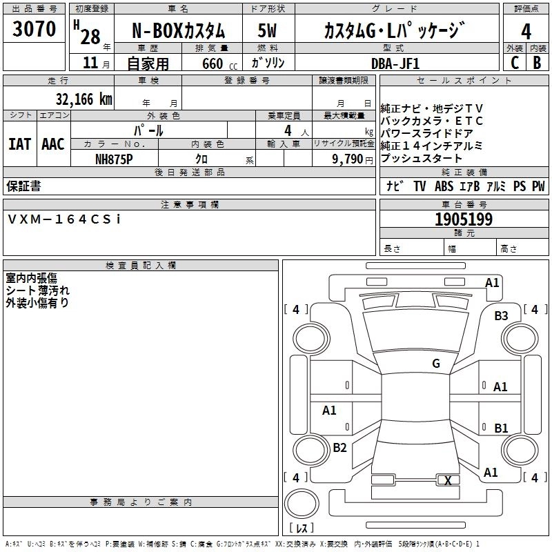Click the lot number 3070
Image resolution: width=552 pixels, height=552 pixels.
(x=34, y=29)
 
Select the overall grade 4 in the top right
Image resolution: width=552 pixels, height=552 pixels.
(x=526, y=32)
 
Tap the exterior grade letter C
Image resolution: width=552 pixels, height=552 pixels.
(x=515, y=63)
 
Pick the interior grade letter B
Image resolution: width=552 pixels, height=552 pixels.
(x=537, y=63)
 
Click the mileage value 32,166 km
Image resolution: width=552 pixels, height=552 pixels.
(x=83, y=99)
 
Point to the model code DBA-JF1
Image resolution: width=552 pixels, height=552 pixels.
(x=395, y=63)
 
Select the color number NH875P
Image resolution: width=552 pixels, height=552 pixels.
(x=114, y=159)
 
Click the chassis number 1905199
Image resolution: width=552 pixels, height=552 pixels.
(x=464, y=219)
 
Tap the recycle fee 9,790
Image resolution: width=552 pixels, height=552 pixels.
(x=347, y=159)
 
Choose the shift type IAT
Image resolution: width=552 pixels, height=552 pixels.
(x=20, y=144)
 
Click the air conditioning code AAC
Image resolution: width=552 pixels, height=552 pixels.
(x=53, y=144)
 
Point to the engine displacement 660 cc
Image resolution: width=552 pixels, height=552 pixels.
(x=219, y=63)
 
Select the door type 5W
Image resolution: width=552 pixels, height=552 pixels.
(x=267, y=30)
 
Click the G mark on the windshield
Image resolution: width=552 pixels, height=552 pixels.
(x=436, y=363)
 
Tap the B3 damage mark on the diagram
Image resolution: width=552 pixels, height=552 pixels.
(x=501, y=315)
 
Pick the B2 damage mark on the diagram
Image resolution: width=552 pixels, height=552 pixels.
(x=339, y=447)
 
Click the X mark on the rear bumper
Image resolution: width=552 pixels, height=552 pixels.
(x=448, y=480)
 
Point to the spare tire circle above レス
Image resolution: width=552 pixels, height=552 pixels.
(x=302, y=504)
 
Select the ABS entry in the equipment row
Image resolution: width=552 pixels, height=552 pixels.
(x=444, y=186)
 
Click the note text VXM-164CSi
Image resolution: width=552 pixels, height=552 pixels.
(x=64, y=219)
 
